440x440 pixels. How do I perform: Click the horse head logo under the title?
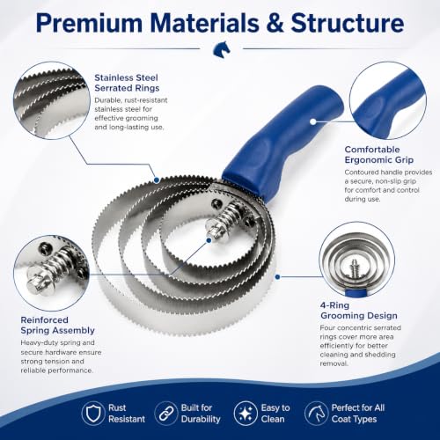click(x=222, y=48)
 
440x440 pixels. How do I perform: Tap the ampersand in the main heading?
click(x=275, y=23)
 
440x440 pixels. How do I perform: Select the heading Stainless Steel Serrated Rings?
click(x=127, y=83)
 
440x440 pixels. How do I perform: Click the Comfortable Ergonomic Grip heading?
click(x=379, y=155)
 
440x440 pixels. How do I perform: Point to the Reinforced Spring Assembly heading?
click(x=57, y=325)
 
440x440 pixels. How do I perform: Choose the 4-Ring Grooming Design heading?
click(x=359, y=311)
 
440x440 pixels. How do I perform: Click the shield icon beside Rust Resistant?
click(x=93, y=414)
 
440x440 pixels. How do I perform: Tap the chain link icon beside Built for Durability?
click(x=165, y=414)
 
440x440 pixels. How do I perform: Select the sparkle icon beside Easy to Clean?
click(x=246, y=414)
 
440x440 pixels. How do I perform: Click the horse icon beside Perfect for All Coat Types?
click(x=316, y=414)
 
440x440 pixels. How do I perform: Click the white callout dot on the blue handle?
click(x=313, y=121)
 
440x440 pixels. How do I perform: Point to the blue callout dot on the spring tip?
click(x=209, y=240)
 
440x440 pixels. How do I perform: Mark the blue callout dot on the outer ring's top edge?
click(x=157, y=180)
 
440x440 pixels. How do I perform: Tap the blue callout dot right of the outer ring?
click(x=277, y=276)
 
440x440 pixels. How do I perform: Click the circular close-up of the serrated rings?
click(x=52, y=100)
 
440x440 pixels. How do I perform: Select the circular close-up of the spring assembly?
click(x=52, y=273)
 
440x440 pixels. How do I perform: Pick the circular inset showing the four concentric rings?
click(x=357, y=260)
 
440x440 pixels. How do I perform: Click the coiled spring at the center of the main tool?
click(x=225, y=216)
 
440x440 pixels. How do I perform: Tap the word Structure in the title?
click(x=348, y=23)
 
